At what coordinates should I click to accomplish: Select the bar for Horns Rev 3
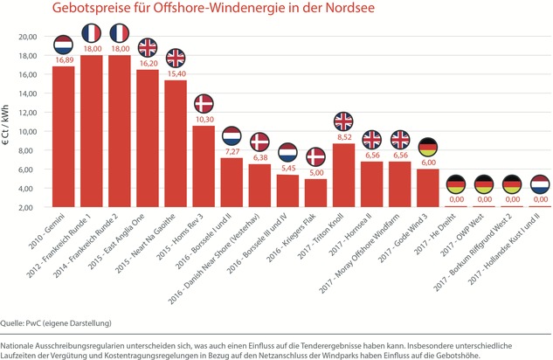coord(204,166)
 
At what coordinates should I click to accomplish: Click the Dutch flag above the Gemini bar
coord(64,45)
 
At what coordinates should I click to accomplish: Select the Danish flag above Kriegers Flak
coord(315,157)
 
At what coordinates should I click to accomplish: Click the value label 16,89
coord(64,61)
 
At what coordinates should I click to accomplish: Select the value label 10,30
coord(204,119)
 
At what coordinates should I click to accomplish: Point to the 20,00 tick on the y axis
coord(27,37)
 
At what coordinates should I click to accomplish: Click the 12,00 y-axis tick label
coord(27,113)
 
